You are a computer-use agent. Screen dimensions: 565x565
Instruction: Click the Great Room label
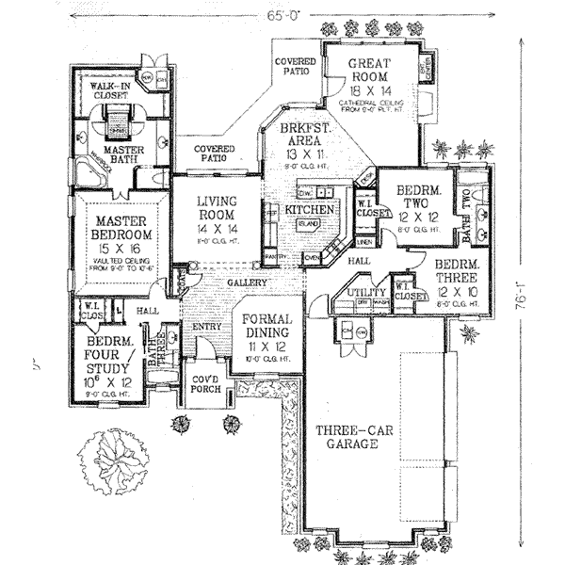point(369,72)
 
